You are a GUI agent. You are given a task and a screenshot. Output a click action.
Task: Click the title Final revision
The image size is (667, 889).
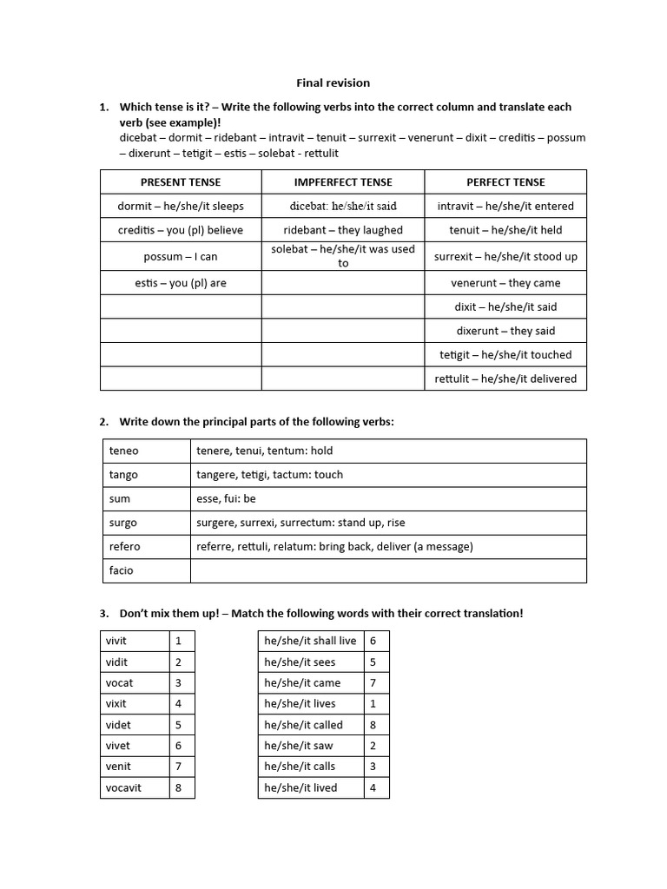pos(333,83)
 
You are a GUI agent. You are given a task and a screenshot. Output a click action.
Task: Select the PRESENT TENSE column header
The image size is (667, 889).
pos(181,182)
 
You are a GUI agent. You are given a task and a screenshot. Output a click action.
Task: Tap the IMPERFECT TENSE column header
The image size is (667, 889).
pos(343,182)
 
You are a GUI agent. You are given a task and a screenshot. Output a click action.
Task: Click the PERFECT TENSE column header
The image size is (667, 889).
pos(505,182)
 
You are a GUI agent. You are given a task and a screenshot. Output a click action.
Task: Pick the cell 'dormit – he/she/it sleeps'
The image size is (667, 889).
pos(181,207)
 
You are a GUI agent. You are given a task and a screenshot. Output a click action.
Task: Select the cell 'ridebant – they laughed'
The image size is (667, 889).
pos(343,231)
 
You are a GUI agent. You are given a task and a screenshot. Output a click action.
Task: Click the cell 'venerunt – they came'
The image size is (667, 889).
pos(505,283)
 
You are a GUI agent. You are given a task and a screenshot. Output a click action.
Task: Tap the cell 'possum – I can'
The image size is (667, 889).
pos(181,257)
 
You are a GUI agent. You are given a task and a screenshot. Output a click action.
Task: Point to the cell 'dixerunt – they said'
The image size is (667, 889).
pos(505,331)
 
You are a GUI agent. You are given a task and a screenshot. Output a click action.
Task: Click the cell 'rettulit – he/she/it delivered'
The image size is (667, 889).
pos(505,379)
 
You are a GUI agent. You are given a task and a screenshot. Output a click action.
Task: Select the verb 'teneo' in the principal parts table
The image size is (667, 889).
pos(124,451)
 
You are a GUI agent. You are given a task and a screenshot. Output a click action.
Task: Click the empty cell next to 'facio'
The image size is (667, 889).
pos(388,570)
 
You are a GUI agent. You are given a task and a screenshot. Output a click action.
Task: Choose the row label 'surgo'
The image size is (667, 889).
pos(123,523)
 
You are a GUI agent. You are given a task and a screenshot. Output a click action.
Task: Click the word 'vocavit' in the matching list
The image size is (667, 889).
pos(125,787)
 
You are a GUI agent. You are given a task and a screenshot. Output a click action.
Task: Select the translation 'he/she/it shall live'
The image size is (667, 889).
pos(310,641)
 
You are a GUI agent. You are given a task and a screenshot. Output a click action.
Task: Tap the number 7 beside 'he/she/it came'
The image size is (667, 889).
pos(373,683)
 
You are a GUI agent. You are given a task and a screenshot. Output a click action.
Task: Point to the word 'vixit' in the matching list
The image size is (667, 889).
pos(117,704)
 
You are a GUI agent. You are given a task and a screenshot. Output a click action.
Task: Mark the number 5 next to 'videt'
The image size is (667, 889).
pos(179,725)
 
